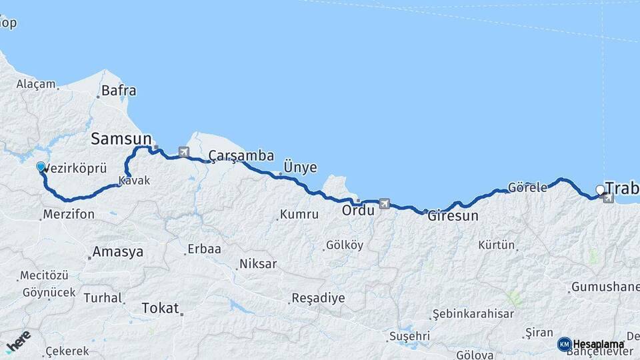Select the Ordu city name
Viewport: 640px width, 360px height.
tap(355, 211)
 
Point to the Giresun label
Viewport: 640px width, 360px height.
tap(453, 217)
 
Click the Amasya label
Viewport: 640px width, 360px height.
tap(118, 253)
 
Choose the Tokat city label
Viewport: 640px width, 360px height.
tap(160, 308)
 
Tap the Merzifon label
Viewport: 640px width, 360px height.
tap(67, 215)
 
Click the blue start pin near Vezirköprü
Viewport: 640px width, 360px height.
tap(41, 167)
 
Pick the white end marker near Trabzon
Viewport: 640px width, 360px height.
tap(600, 190)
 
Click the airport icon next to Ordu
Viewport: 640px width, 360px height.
tap(384, 203)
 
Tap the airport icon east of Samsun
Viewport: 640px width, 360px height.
tap(183, 152)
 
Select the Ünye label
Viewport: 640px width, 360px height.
tap(300, 167)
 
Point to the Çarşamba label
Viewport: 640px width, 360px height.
tap(241, 156)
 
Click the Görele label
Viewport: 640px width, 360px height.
tap(527, 188)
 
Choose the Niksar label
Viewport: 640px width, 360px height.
tap(257, 264)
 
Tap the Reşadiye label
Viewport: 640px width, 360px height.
tap(318, 298)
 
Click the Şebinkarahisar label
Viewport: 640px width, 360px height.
tap(473, 313)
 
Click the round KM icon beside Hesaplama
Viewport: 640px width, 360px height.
tap(564, 344)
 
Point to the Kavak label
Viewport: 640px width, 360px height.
tap(134, 181)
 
